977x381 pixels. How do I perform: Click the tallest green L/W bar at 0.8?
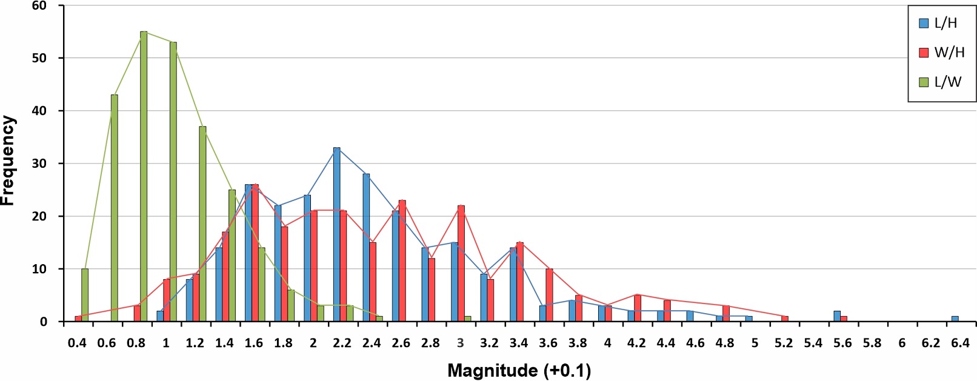coord(144,176)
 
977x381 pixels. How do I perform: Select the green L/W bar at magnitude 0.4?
coord(85,295)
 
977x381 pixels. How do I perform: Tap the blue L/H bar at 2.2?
coord(336,234)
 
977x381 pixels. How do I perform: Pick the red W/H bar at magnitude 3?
coord(461,263)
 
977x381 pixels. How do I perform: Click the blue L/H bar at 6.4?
coord(955,319)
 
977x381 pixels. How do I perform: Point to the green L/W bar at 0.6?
coord(114,208)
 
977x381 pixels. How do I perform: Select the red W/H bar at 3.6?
coord(549,295)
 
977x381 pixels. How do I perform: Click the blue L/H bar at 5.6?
coord(837,316)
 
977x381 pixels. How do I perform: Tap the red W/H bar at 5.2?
coord(785,319)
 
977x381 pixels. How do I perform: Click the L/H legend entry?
coord(938,24)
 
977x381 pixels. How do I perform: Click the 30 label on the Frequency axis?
coord(39,164)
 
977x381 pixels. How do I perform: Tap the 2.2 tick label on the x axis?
coord(342,343)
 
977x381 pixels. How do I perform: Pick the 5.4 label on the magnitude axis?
coord(813,343)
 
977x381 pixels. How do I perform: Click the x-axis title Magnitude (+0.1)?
coord(519,371)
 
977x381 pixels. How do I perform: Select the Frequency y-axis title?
coord(8,161)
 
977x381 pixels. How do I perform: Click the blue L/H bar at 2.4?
coord(366,248)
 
